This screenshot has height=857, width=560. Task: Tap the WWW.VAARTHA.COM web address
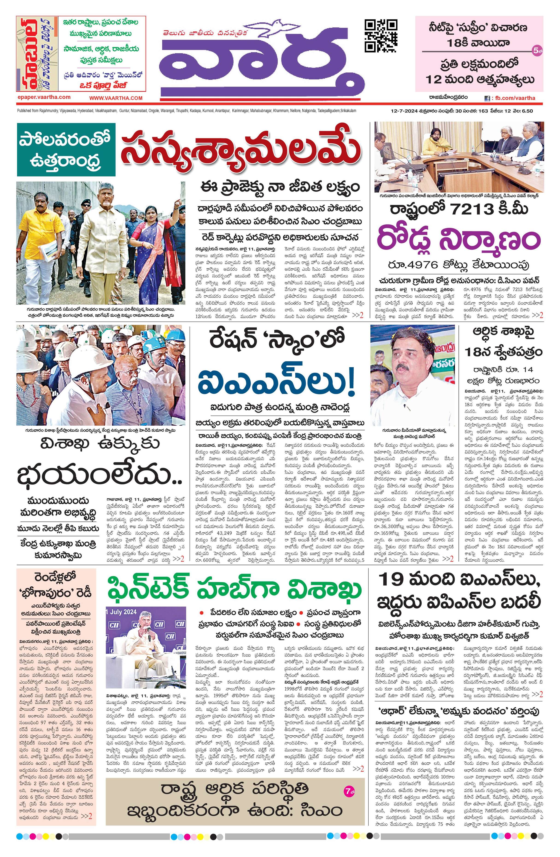[116, 98]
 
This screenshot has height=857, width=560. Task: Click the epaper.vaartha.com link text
[44, 97]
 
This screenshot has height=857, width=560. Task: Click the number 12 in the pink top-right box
[434, 79]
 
